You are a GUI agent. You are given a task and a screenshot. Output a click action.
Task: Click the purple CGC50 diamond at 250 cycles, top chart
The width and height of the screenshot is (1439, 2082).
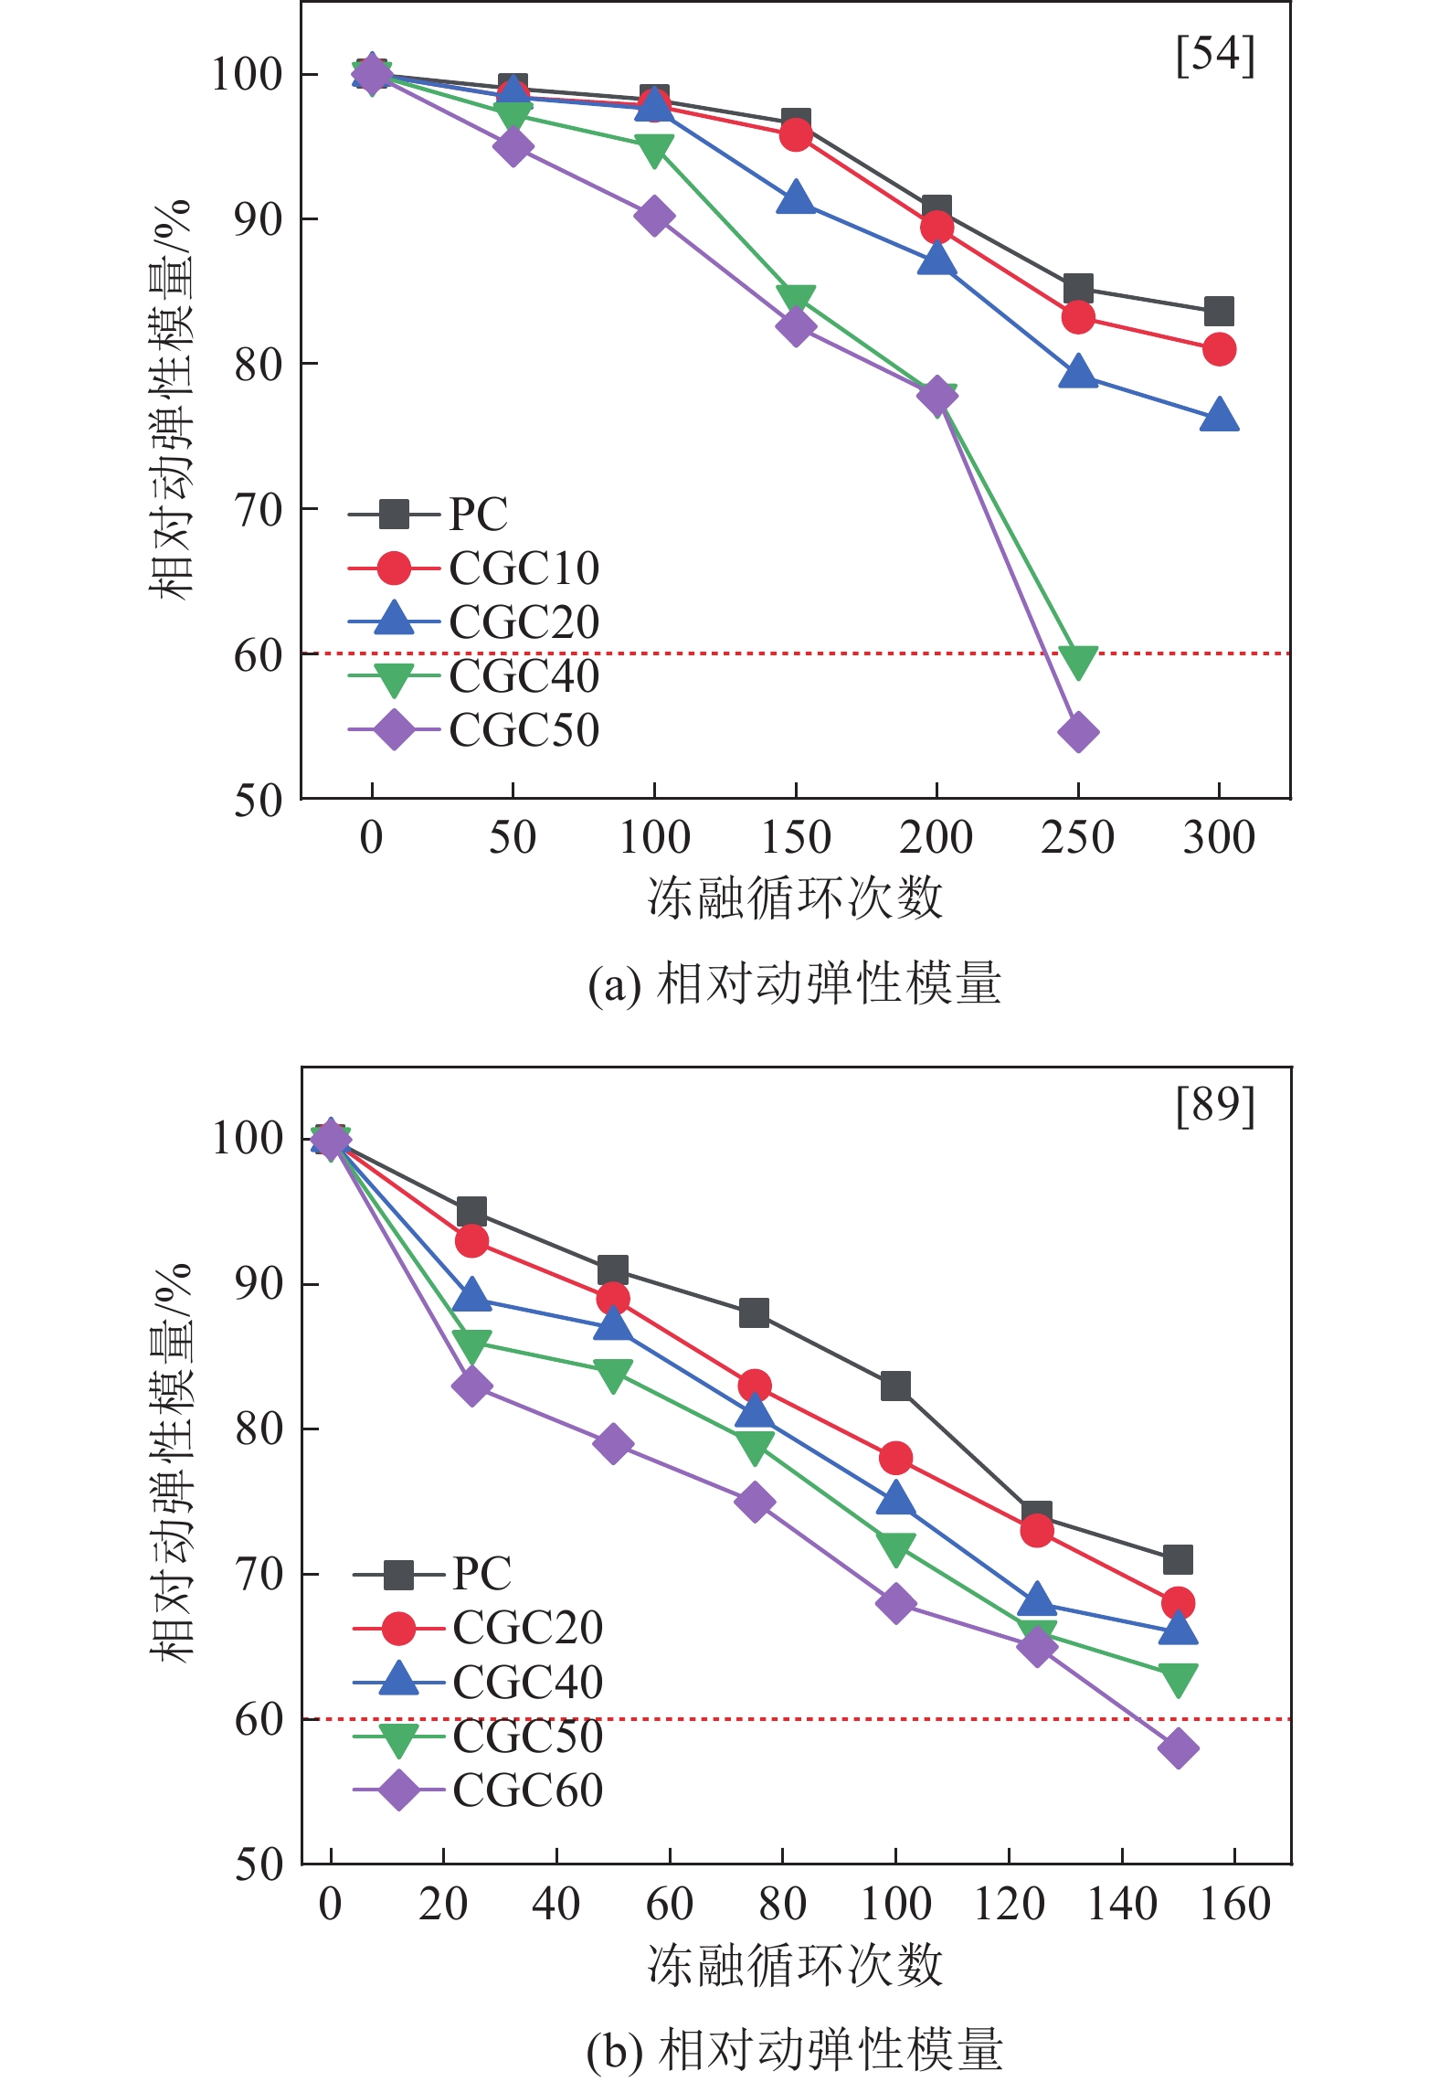click(x=1078, y=732)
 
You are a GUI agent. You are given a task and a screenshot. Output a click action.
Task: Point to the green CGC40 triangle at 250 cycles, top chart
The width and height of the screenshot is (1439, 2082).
click(x=1078, y=660)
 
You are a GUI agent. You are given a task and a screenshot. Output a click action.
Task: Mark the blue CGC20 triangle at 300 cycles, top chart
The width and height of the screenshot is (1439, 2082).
click(x=1219, y=416)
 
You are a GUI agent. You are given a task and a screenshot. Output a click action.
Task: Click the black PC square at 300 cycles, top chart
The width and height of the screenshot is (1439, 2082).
click(x=1219, y=312)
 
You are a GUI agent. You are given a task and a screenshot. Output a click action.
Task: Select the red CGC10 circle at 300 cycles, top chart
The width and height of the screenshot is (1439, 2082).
click(x=1219, y=349)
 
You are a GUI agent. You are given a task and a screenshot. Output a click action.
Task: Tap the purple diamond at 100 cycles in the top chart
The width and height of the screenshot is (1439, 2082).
click(x=654, y=217)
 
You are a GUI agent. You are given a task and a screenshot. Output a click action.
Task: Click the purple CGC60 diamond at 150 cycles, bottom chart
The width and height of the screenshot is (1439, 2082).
click(x=1178, y=1748)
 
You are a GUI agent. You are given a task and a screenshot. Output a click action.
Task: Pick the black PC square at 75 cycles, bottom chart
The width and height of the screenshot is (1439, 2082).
click(x=754, y=1313)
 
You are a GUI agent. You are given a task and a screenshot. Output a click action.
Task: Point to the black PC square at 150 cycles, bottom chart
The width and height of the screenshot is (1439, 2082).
click(x=1178, y=1559)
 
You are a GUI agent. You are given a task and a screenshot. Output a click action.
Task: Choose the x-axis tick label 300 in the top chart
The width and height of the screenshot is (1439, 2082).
click(x=1219, y=837)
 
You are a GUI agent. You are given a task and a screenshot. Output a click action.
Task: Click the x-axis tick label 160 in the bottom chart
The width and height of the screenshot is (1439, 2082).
click(x=1234, y=1905)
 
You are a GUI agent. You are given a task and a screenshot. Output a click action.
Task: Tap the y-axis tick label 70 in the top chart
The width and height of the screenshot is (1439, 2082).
click(x=259, y=510)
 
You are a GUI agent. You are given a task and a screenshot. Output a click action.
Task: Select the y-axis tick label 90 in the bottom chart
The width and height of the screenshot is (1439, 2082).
click(x=259, y=1284)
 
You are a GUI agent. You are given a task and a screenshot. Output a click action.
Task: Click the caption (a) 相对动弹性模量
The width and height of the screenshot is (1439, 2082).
click(x=794, y=985)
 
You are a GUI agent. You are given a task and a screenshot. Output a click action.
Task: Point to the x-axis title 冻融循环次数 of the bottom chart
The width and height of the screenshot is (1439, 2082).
click(x=795, y=1965)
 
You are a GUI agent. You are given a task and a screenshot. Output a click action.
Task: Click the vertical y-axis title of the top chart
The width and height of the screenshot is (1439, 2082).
click(x=172, y=398)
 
